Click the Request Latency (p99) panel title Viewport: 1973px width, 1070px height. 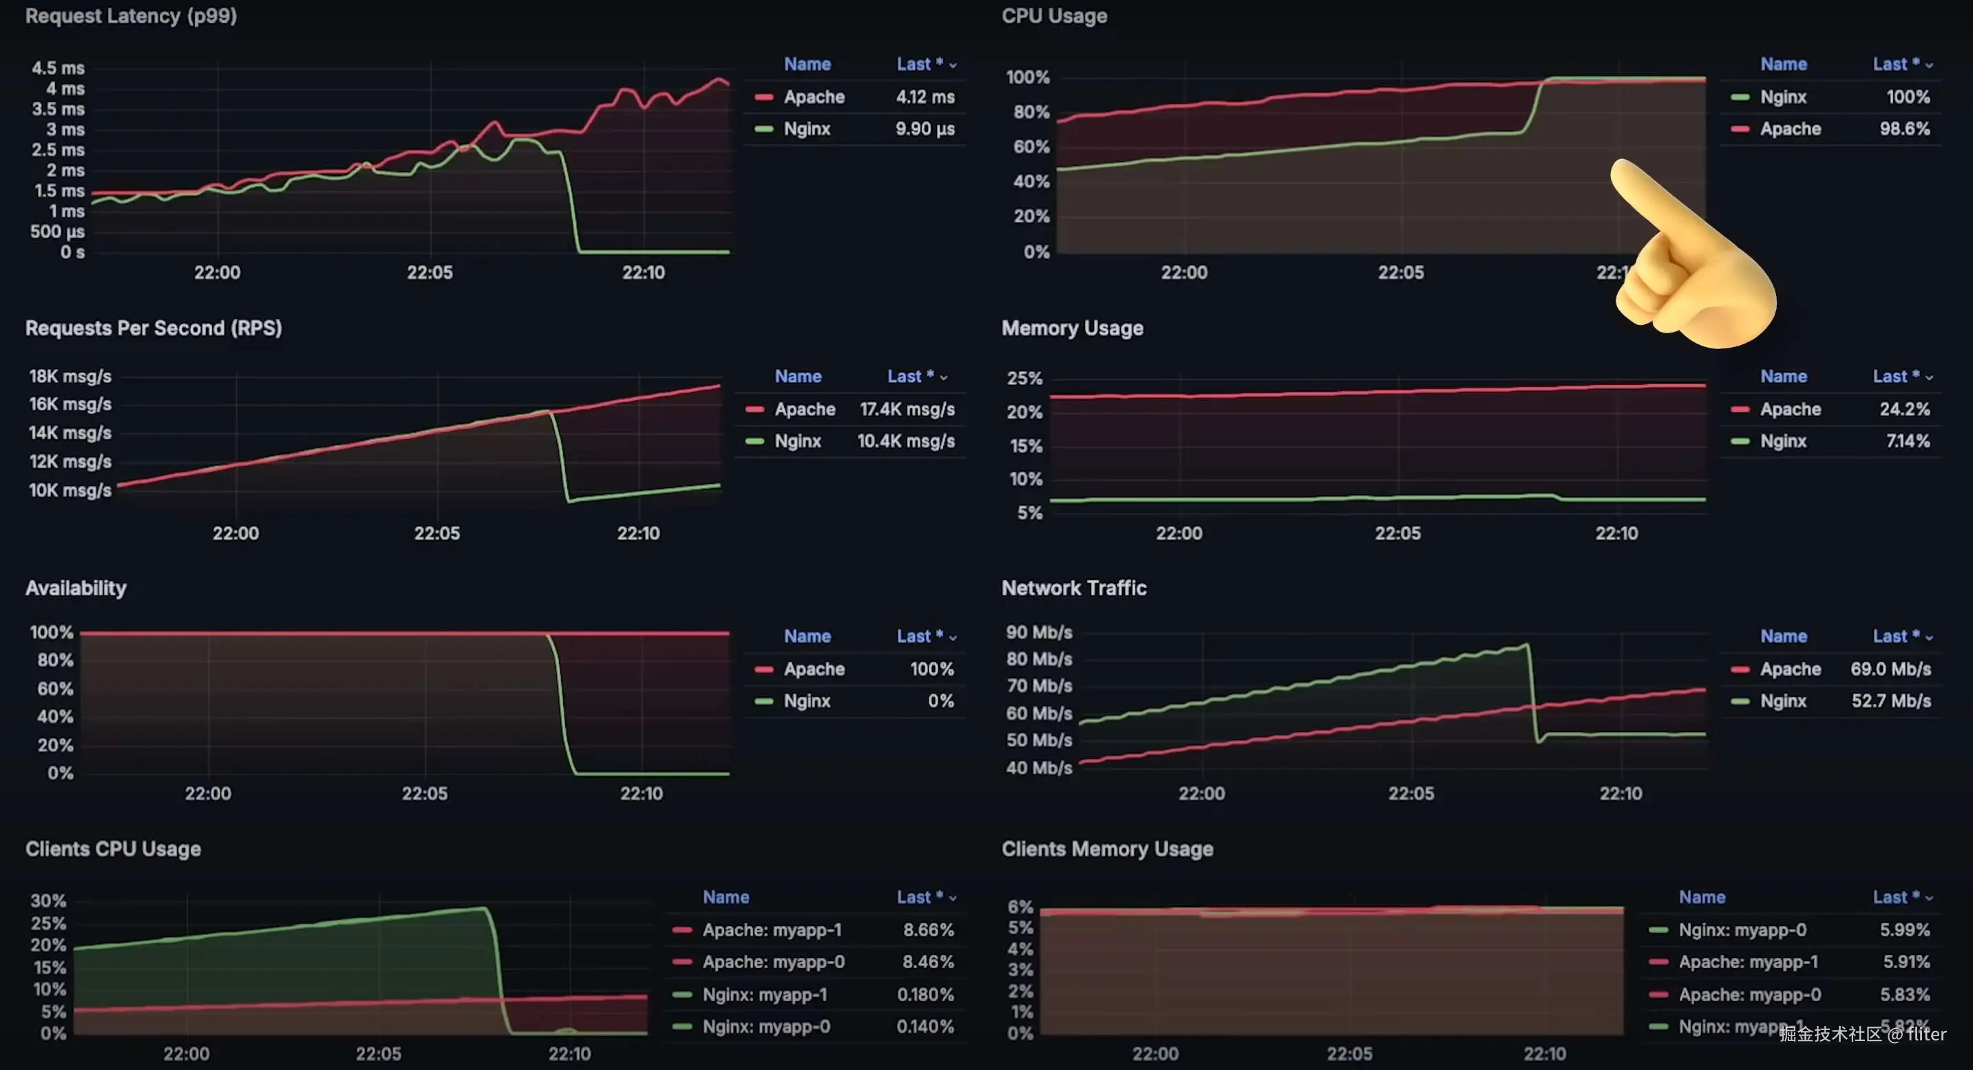131,16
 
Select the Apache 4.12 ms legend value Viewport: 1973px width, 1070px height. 925,97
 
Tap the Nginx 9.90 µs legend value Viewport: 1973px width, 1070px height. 925,129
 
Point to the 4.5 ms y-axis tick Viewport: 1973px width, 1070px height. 59,68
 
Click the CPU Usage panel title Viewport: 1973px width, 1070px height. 1054,16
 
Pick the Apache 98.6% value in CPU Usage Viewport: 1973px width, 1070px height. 1904,129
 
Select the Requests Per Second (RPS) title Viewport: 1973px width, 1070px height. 154,328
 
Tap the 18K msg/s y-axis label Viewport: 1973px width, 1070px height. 70,376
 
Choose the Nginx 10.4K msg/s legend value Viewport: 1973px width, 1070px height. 905,441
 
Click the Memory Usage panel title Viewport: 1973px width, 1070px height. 1073,328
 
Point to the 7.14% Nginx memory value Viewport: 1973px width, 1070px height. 1907,441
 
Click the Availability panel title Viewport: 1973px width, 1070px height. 76,588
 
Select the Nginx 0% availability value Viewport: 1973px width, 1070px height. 940,701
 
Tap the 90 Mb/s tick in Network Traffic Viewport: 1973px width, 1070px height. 1039,633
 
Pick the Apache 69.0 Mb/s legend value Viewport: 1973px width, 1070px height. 1890,669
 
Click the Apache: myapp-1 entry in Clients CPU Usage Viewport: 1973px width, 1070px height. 772,930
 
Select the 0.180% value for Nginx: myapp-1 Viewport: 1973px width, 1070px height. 925,994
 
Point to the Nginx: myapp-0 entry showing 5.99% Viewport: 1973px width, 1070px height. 1742,930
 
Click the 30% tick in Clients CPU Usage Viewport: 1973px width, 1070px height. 48,901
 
